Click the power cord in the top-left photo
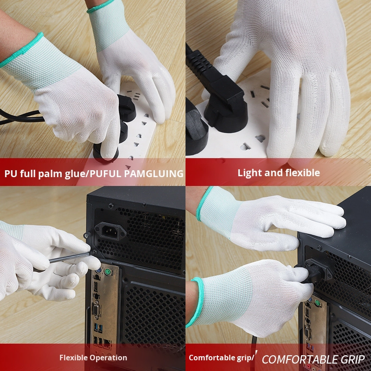coord(19,116)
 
